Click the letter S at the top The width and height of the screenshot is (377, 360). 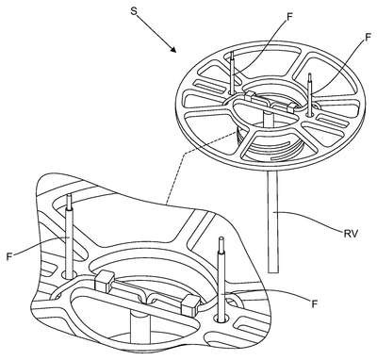pyautogui.click(x=134, y=11)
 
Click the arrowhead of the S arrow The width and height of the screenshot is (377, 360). pyautogui.click(x=173, y=48)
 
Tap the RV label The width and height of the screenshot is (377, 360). pyautogui.click(x=351, y=234)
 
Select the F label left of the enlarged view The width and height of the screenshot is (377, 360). pyautogui.click(x=9, y=256)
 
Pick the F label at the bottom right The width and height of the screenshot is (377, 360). pyautogui.click(x=313, y=303)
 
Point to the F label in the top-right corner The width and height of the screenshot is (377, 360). pyautogui.click(x=369, y=38)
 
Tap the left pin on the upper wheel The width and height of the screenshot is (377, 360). pyautogui.click(x=232, y=73)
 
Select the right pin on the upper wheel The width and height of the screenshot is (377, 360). pyautogui.click(x=310, y=94)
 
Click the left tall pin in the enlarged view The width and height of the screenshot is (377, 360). pyautogui.click(x=69, y=236)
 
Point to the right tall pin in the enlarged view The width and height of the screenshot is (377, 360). pyautogui.click(x=221, y=279)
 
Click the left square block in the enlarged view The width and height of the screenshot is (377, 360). pyautogui.click(x=105, y=282)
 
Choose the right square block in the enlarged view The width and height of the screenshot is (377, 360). pyautogui.click(x=190, y=304)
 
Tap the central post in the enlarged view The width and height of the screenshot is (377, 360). pyautogui.click(x=139, y=328)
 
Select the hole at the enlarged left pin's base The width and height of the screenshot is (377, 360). pyautogui.click(x=69, y=274)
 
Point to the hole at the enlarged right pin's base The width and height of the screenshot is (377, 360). pyautogui.click(x=221, y=319)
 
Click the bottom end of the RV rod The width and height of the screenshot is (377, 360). pyautogui.click(x=273, y=272)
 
